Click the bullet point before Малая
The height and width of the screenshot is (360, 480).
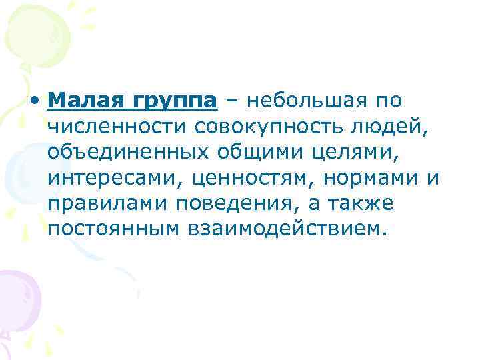[x=39, y=102]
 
